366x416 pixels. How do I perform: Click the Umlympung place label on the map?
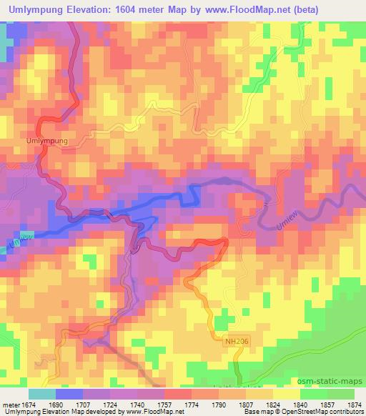tap(48, 142)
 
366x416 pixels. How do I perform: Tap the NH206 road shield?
tap(230, 344)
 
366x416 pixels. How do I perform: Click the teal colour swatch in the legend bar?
tap(42, 394)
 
